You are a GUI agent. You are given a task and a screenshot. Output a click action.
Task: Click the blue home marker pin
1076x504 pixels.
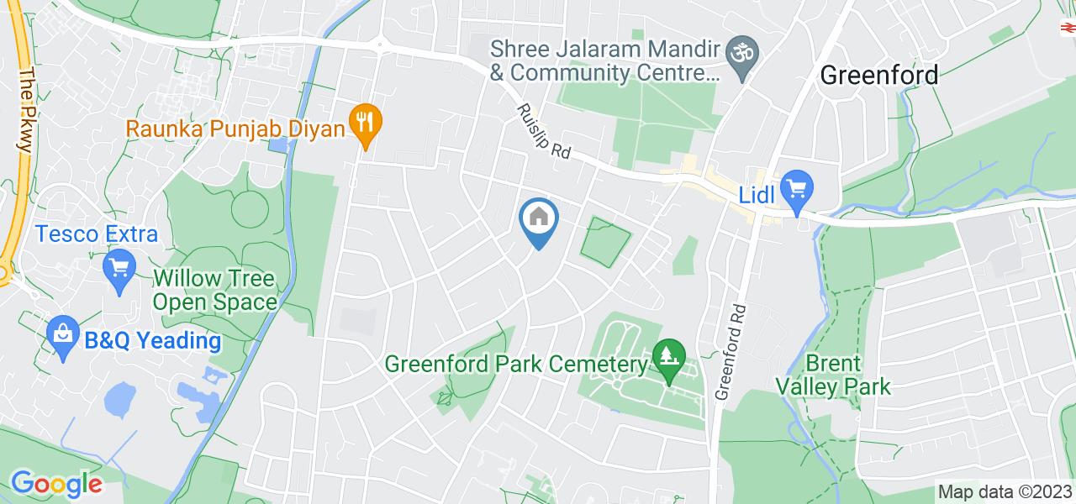(x=539, y=219)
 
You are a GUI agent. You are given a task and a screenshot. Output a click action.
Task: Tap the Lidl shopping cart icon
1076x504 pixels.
(x=794, y=190)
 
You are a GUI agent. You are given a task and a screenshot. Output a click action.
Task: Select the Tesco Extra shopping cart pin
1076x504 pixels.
(x=119, y=270)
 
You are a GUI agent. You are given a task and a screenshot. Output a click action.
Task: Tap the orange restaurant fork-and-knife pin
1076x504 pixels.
(x=364, y=123)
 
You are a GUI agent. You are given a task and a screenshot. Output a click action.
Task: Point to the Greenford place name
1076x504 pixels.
(x=878, y=75)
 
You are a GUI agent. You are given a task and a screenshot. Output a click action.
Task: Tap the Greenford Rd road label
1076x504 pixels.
(x=731, y=351)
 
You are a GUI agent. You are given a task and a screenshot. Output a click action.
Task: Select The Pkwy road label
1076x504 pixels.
(x=24, y=109)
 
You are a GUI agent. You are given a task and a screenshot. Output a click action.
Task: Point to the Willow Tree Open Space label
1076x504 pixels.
(x=215, y=290)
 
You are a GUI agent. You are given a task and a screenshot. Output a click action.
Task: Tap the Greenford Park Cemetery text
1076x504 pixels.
(x=516, y=365)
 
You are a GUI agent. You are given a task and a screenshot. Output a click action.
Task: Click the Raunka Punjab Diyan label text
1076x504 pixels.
(x=236, y=129)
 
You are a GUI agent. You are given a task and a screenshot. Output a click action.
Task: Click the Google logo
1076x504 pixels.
(x=56, y=484)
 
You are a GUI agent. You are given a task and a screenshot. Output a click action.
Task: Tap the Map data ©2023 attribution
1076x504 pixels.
(x=1005, y=492)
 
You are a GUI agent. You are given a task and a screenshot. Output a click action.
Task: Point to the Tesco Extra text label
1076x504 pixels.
(x=97, y=234)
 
